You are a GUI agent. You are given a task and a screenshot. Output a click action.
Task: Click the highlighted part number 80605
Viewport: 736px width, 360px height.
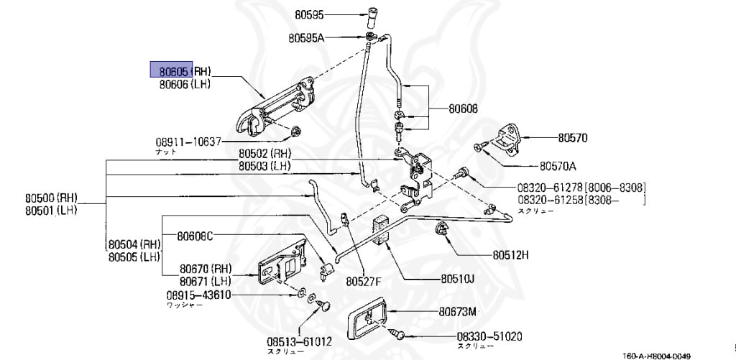[170, 70]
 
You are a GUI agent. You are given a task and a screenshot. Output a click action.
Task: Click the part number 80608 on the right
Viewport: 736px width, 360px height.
[464, 110]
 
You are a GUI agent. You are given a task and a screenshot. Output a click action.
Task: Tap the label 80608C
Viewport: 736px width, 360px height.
[195, 236]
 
